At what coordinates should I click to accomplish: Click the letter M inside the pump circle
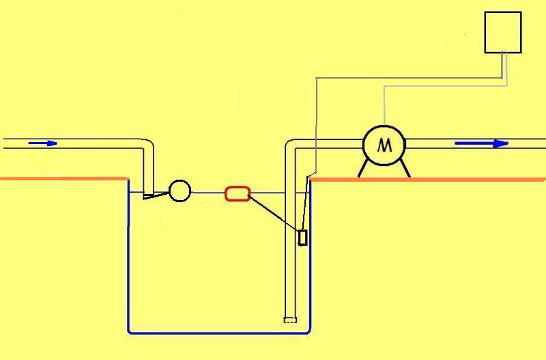tap(384, 145)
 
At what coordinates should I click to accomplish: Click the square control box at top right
tap(503, 32)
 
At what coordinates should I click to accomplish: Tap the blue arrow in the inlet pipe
tap(42, 143)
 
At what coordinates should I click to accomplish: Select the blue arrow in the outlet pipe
tap(481, 143)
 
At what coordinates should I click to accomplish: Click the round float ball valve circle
tap(179, 191)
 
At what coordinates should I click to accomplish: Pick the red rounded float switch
tap(238, 193)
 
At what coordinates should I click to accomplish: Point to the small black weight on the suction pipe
tap(303, 237)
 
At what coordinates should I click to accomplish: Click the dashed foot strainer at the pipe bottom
tap(291, 320)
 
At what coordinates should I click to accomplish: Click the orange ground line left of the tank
tap(61, 179)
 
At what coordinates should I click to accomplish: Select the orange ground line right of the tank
tap(464, 179)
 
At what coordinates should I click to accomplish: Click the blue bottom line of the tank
tap(218, 333)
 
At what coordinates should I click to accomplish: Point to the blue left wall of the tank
tap(128, 260)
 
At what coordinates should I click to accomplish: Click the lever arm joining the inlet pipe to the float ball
tap(157, 196)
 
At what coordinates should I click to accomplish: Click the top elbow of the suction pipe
tap(290, 145)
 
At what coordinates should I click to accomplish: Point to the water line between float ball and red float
tap(208, 193)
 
